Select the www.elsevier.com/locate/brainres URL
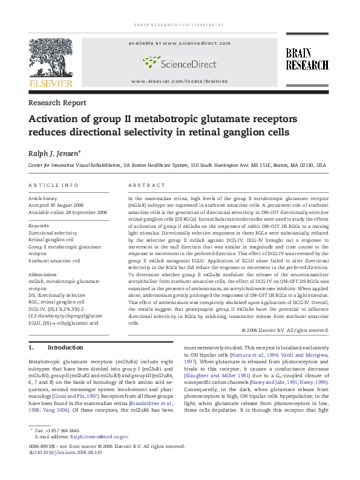pyautogui.click(x=180, y=81)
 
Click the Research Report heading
pyautogui.click(x=57, y=103)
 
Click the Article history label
pyautogui.click(x=44, y=198)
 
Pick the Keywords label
pyautogui.click(x=39, y=225)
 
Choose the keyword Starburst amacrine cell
pyautogui.click(x=54, y=261)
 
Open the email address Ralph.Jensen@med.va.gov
pyautogui.click(x=99, y=436)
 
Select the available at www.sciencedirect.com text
pyautogui.click(x=180, y=44)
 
